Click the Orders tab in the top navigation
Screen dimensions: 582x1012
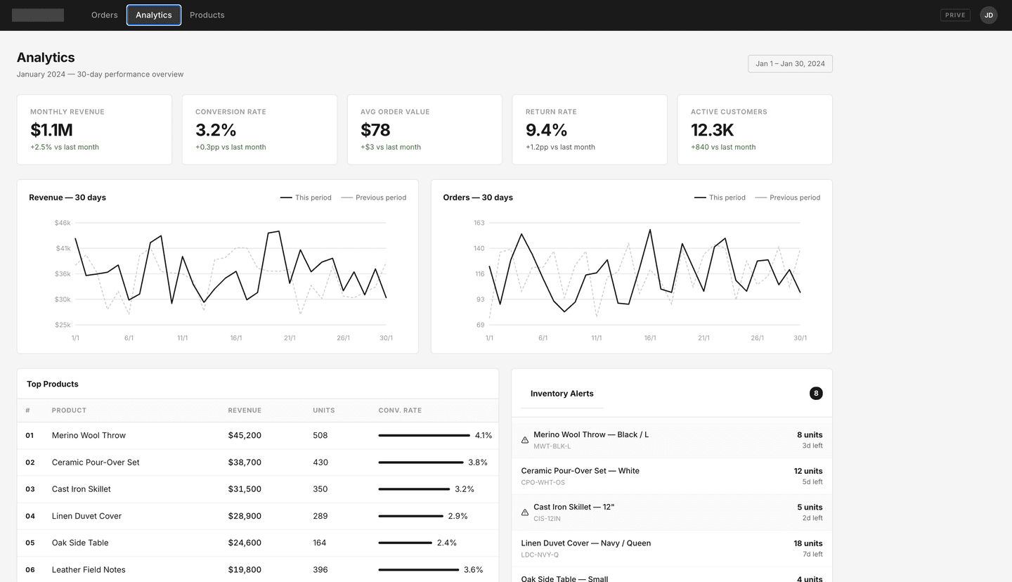pos(104,15)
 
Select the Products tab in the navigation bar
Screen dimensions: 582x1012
pos(207,15)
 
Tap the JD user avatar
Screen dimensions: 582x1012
pos(988,15)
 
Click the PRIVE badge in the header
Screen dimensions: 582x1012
pos(955,15)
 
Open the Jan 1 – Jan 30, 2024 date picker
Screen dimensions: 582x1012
pos(790,64)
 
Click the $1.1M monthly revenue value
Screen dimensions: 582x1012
pos(51,130)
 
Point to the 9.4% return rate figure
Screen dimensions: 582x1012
pos(546,130)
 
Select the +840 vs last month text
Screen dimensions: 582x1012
pos(722,147)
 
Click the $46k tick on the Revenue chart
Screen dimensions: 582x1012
pos(63,223)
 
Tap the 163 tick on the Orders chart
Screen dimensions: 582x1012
pos(479,223)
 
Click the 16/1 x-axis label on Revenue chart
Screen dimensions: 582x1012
pos(236,338)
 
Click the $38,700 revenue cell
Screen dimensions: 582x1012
pos(245,463)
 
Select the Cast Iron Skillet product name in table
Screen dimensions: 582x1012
pos(81,489)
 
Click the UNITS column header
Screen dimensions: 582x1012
pos(323,410)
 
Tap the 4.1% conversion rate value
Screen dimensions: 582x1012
pos(484,436)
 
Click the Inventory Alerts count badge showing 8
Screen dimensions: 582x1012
pos(815,394)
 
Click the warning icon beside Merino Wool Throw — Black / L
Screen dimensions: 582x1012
pos(525,440)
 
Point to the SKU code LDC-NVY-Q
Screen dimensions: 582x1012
pos(540,555)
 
